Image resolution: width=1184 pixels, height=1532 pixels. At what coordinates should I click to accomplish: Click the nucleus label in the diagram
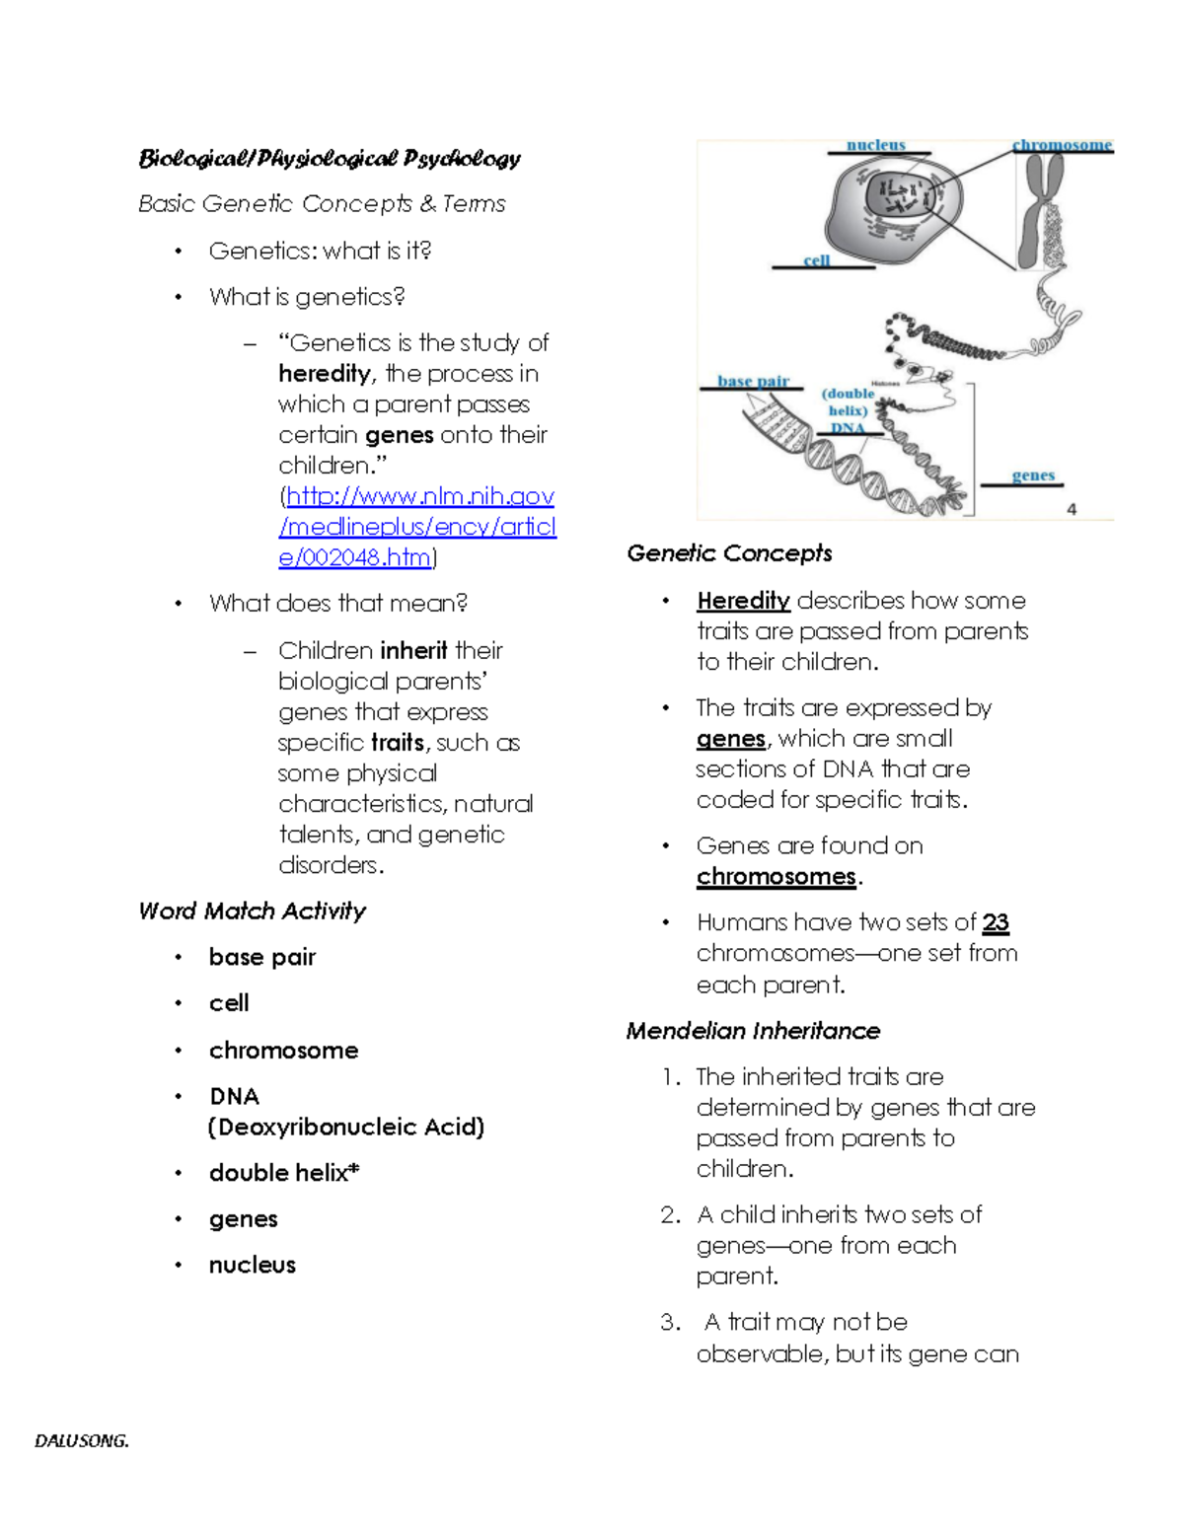click(875, 145)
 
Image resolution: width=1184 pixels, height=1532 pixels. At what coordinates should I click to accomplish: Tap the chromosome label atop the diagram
click(1062, 145)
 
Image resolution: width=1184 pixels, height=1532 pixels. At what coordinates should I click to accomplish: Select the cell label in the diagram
click(816, 260)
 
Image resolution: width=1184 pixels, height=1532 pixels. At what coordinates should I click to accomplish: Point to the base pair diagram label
click(753, 381)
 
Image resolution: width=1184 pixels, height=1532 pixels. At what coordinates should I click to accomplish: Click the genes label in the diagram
click(1033, 475)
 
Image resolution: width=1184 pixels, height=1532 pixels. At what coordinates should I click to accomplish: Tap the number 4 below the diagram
click(1072, 509)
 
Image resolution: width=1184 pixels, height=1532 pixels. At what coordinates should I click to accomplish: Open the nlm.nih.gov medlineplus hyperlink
click(417, 526)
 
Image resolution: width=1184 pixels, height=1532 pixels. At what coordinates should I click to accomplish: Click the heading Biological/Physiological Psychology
click(330, 158)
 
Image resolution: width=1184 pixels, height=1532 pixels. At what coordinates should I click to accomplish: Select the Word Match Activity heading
click(252, 911)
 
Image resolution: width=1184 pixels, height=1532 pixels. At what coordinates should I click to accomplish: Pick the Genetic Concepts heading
click(729, 553)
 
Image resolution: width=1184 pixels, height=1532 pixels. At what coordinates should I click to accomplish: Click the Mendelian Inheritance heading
click(753, 1031)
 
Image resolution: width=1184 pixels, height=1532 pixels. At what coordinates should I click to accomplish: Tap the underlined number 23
click(996, 922)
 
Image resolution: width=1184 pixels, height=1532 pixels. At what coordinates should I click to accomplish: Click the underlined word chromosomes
click(776, 876)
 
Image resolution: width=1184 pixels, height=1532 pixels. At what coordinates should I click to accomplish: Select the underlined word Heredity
click(743, 601)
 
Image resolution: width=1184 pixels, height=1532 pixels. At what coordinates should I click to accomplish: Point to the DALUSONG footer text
click(82, 1440)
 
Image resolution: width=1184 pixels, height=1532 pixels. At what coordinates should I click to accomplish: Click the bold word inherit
click(413, 651)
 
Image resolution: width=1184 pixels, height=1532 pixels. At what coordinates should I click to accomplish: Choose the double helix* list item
click(284, 1173)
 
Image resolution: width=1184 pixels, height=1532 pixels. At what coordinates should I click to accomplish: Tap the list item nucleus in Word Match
click(252, 1265)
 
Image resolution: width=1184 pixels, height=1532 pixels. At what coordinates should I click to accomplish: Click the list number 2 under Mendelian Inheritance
click(670, 1214)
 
